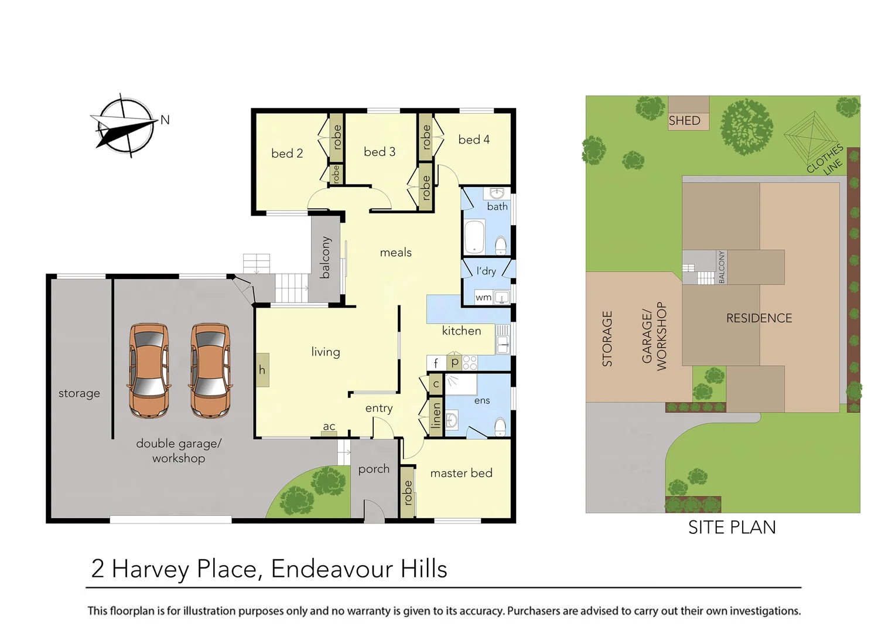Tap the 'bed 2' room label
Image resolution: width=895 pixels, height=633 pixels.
[x=287, y=154]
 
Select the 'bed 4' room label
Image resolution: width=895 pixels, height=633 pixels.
[x=473, y=139]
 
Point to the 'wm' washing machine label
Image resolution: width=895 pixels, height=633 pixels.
[x=483, y=298]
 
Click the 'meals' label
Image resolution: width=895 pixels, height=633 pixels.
[x=395, y=253]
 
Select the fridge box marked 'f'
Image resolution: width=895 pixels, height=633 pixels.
[x=436, y=363]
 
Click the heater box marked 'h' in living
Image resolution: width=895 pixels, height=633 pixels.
[x=262, y=370]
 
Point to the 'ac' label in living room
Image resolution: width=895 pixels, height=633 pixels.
[x=329, y=427]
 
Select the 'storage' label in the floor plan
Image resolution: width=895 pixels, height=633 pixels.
[x=79, y=393]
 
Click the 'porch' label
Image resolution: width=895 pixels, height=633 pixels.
[x=374, y=469]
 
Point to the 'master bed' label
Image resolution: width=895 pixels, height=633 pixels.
[x=461, y=473]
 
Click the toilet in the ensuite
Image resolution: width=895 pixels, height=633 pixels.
[x=500, y=427]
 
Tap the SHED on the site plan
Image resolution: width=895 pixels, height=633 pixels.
[x=688, y=114]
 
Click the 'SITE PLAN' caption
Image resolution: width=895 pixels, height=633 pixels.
[x=732, y=527]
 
